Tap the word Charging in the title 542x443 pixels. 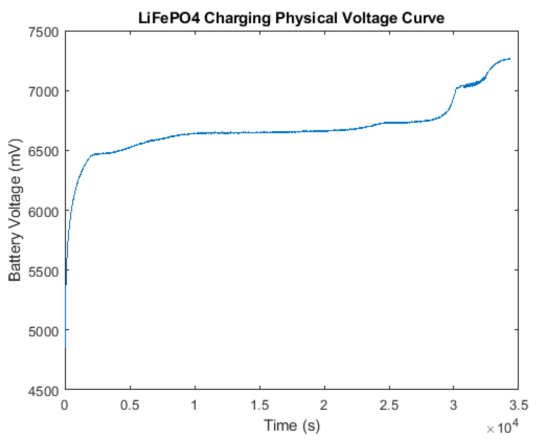(239, 18)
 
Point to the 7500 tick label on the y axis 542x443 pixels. (44, 33)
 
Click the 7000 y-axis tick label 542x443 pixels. (44, 92)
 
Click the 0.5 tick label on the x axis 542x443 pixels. (130, 405)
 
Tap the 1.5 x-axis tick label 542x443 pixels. (260, 405)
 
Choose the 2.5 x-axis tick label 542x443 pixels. (389, 405)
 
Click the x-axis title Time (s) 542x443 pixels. (292, 426)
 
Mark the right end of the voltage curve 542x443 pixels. (509, 59)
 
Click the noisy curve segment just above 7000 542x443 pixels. (471, 84)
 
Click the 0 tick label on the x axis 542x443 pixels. (65, 405)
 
